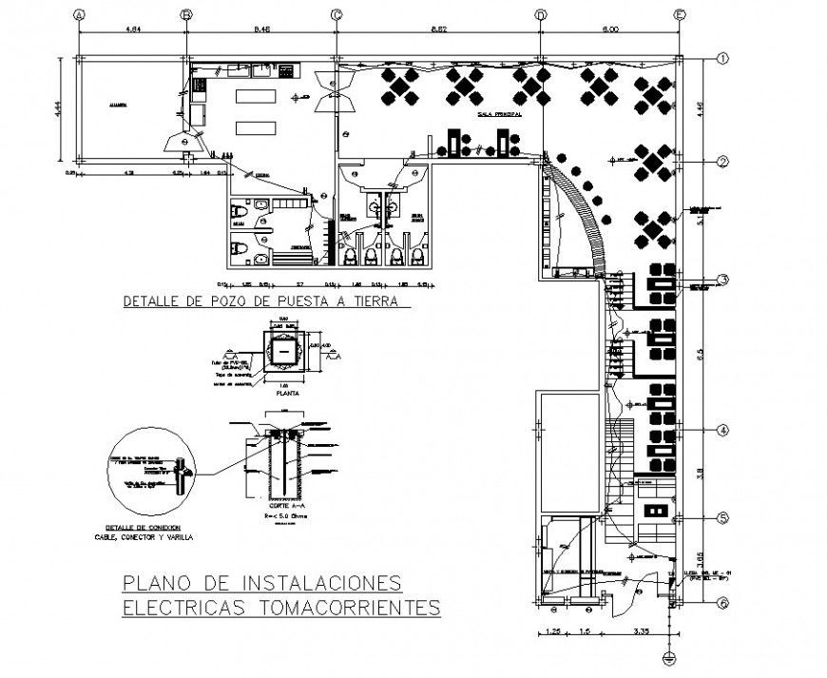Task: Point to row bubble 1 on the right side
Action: (x=722, y=59)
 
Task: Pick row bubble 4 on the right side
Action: (x=722, y=429)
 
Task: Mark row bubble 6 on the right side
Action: (x=722, y=603)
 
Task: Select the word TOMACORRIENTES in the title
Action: (x=351, y=606)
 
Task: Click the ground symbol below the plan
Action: (x=669, y=657)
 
